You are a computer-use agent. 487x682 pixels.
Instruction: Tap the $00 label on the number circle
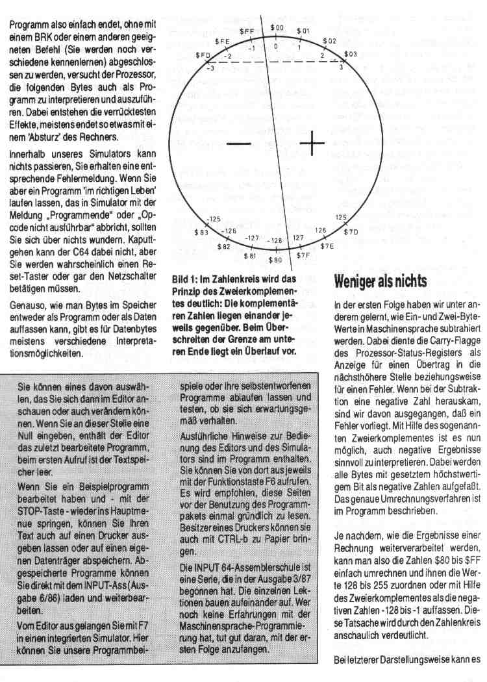[x=277, y=28]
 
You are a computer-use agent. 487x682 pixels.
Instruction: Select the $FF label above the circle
[x=247, y=31]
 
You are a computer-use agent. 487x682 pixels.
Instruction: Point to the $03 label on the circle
[x=350, y=54]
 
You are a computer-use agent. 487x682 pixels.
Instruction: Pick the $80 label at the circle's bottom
[x=275, y=260]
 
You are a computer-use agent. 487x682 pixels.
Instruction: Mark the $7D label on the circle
[x=351, y=231]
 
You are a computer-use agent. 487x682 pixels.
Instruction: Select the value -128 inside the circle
[x=275, y=240]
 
